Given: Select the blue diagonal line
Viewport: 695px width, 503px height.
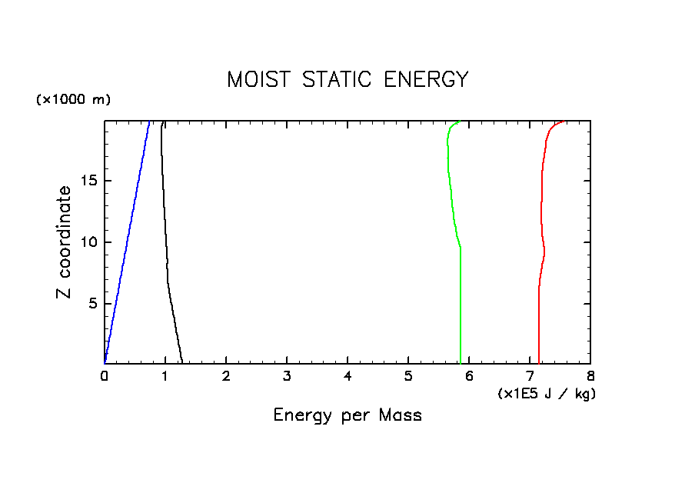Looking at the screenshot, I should click(x=127, y=242).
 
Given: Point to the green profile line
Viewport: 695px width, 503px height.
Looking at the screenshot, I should click(x=460, y=308).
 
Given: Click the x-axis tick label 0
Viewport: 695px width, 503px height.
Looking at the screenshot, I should click(x=105, y=376).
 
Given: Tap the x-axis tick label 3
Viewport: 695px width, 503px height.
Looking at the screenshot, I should click(x=287, y=376).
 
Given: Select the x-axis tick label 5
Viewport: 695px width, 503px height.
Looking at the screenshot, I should click(x=408, y=376).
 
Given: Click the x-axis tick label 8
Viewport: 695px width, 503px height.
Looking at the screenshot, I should click(x=590, y=376).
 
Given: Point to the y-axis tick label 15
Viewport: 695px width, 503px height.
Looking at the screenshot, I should click(x=87, y=181).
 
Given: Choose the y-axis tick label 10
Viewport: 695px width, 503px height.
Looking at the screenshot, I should click(x=87, y=242).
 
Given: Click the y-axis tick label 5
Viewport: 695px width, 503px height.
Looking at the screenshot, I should click(x=91, y=303).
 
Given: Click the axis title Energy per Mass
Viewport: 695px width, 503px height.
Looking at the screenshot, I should click(x=347, y=415).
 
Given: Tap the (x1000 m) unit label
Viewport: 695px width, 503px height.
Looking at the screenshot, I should click(x=73, y=100).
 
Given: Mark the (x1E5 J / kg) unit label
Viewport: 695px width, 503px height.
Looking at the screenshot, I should click(x=547, y=394).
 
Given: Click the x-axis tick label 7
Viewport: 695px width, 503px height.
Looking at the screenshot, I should click(x=530, y=376).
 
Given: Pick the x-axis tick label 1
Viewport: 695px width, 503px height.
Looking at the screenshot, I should click(x=165, y=376).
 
